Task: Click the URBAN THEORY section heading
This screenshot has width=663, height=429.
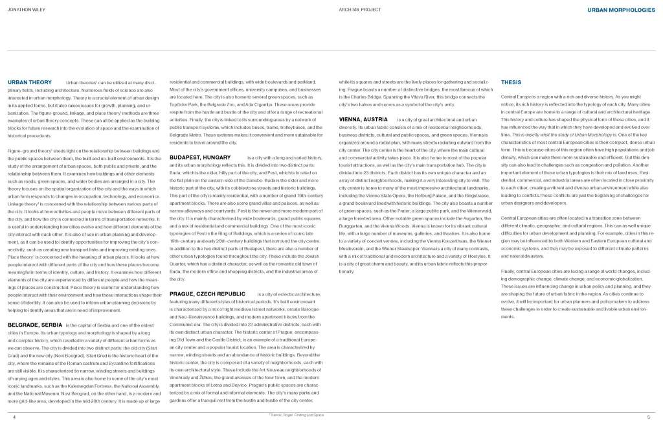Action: click(30, 83)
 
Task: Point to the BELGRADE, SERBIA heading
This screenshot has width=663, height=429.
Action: click(35, 322)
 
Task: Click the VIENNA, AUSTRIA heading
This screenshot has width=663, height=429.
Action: click(363, 120)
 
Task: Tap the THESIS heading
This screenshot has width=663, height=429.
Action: click(511, 83)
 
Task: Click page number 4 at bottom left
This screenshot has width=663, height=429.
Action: click(14, 417)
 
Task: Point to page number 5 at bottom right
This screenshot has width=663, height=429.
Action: click(648, 417)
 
